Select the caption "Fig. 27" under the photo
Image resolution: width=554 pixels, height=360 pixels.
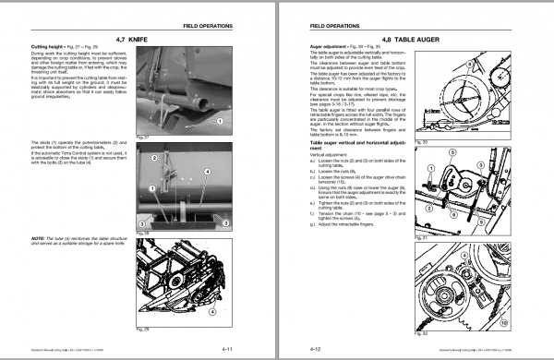pos(142,136)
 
